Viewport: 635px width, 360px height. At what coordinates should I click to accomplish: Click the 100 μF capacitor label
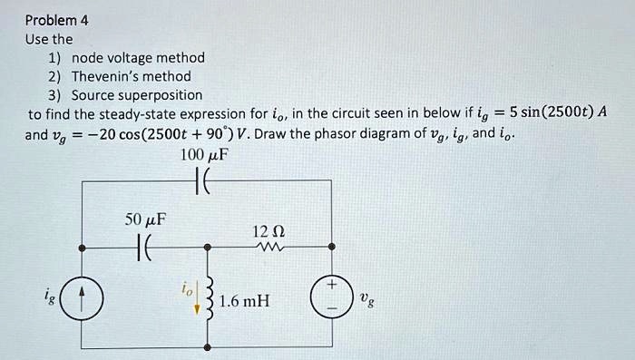pos(205,155)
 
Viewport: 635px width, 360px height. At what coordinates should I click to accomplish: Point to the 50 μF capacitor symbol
pos(145,247)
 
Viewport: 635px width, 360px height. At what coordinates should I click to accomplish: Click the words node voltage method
pos(138,58)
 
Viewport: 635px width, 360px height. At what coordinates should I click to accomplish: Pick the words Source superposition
pos(137,95)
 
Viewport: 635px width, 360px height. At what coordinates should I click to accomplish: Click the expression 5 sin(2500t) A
pos(557,114)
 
